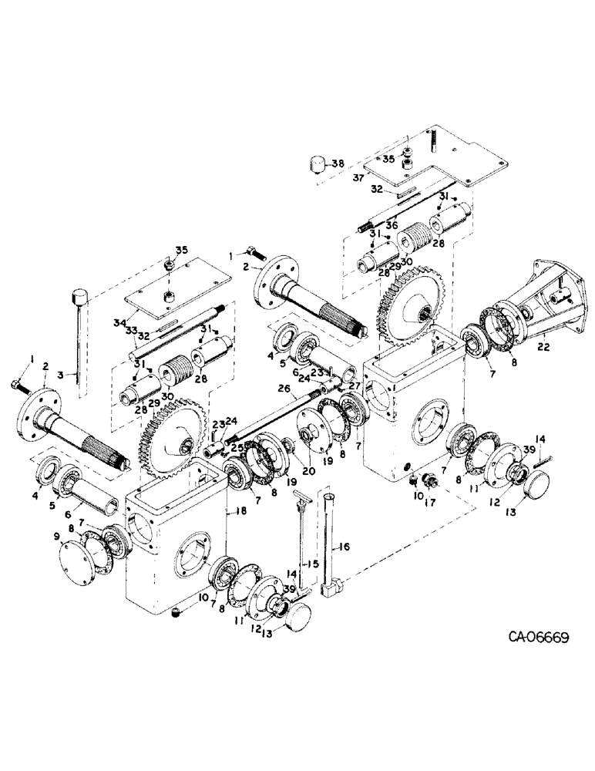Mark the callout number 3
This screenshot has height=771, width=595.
[69, 375]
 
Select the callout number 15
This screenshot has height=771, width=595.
[311, 564]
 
